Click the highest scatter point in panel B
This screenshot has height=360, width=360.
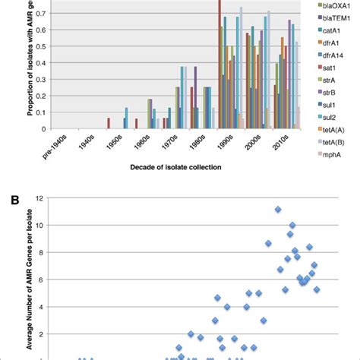[x=278, y=209]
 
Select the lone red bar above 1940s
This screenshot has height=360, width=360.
[x=109, y=123]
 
